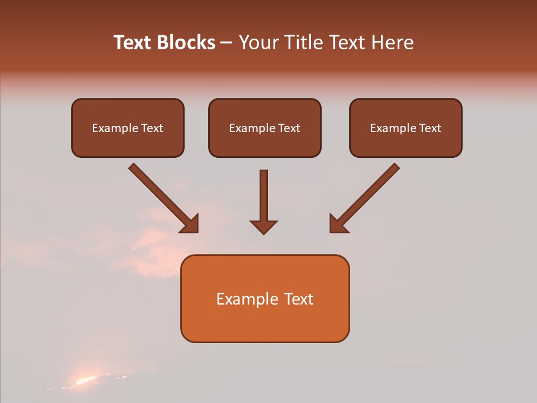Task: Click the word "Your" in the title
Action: coord(258,43)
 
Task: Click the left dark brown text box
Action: coord(128,128)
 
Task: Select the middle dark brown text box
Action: coord(265,128)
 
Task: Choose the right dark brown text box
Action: coord(406,128)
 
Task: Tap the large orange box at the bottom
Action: coord(265,298)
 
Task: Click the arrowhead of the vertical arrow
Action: coord(263,226)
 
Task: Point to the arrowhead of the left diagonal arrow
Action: coord(191,224)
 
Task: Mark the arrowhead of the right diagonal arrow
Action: coord(337,224)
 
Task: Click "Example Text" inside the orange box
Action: coord(265,299)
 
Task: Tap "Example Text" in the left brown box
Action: coord(128,128)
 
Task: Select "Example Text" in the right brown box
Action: coord(406,128)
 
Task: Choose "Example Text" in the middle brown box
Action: coord(265,128)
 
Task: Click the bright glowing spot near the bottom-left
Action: coord(84,381)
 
